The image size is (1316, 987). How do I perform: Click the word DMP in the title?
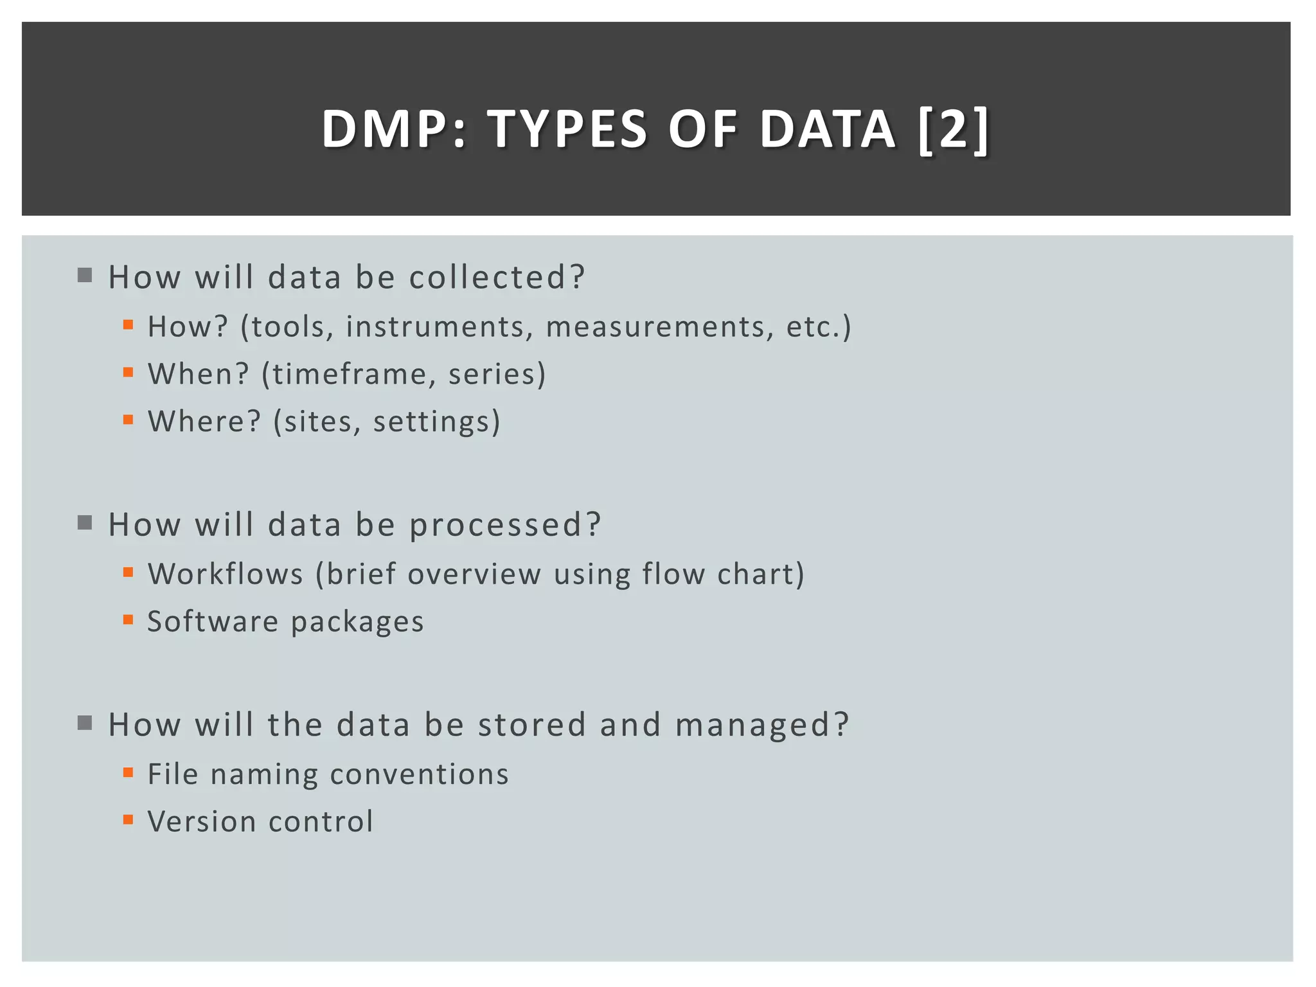coord(384,129)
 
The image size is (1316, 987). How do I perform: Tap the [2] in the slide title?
coord(954,129)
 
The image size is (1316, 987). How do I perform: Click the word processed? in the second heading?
coord(505,525)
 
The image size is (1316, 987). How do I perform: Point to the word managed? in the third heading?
coord(762,725)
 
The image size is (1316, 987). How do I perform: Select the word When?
coord(198,374)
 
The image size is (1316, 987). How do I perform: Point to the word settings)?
coord(436,422)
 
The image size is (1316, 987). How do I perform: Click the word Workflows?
coord(225,574)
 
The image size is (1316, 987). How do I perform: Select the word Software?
coord(213,621)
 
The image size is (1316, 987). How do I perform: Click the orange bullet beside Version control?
coord(129,820)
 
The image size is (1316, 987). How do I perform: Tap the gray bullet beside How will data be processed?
coord(85,522)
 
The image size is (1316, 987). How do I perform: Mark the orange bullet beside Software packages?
coord(129,619)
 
